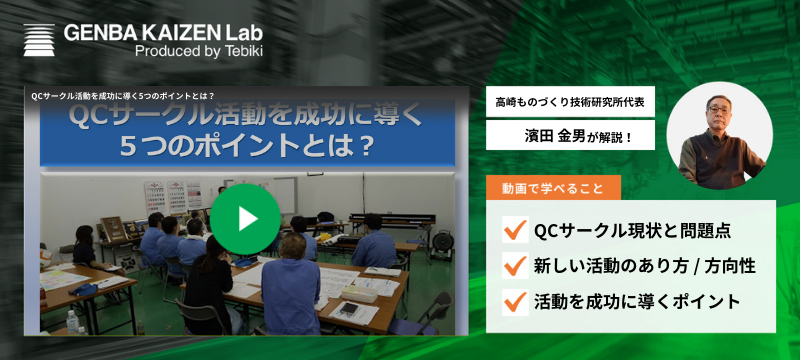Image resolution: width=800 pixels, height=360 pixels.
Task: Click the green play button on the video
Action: point(247,217)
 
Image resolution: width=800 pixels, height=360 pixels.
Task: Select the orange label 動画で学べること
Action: point(553,187)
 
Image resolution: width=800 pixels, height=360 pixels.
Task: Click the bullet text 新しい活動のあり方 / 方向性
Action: point(645,266)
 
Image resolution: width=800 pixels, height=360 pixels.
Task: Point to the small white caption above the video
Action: point(123,96)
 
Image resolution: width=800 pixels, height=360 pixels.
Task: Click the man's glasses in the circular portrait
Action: point(718,107)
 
